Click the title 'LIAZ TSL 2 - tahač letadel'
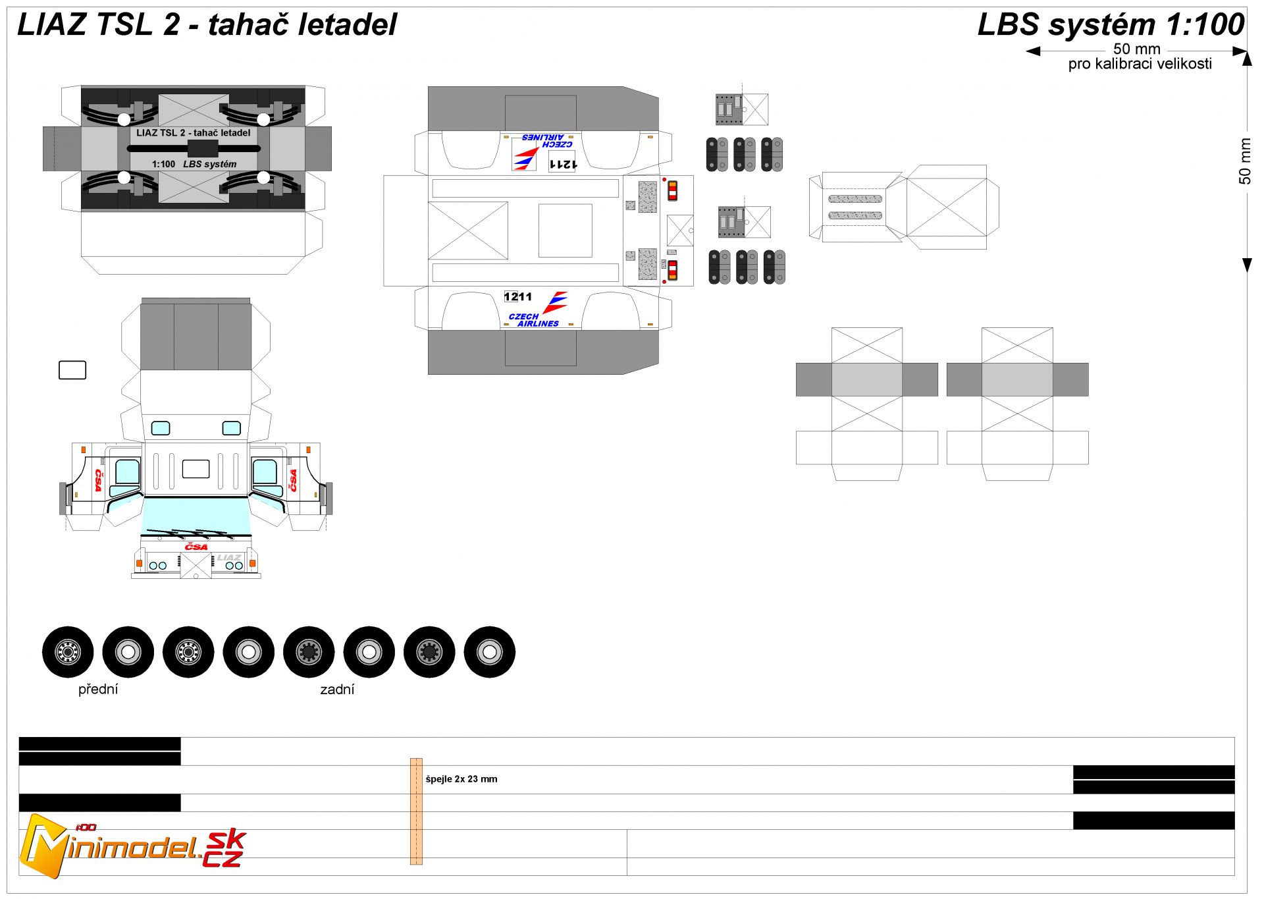pyautogui.click(x=207, y=25)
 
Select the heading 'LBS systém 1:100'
pyautogui.click(x=1111, y=25)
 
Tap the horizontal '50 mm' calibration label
pyautogui.click(x=1136, y=49)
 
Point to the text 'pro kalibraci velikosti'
pyautogui.click(x=1140, y=64)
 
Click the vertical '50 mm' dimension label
pyautogui.click(x=1244, y=161)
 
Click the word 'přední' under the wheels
pyautogui.click(x=98, y=689)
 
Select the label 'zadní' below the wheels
pyautogui.click(x=337, y=689)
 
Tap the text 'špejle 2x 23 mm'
pyautogui.click(x=461, y=779)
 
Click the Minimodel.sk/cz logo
pyautogui.click(x=132, y=846)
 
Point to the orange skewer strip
pyautogui.click(x=416, y=811)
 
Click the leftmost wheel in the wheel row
pyautogui.click(x=68, y=652)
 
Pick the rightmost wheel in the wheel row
pyautogui.click(x=490, y=652)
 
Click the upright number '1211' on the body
pyautogui.click(x=518, y=297)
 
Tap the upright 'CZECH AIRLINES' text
pyautogui.click(x=533, y=320)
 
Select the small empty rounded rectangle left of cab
pyautogui.click(x=72, y=370)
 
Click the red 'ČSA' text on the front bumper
pyautogui.click(x=196, y=547)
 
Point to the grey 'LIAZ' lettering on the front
pyautogui.click(x=229, y=558)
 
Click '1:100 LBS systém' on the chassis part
pyautogui.click(x=194, y=164)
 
